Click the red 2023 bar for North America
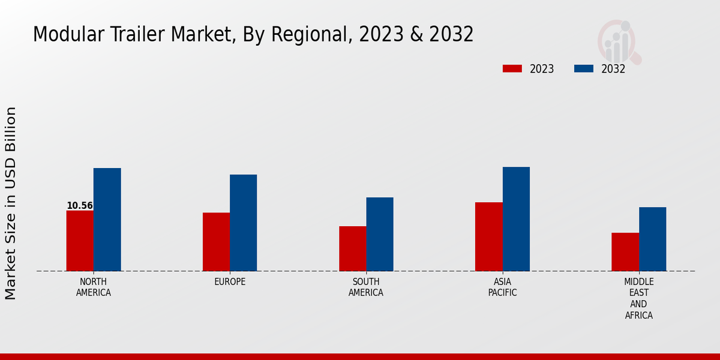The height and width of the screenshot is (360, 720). [80, 241]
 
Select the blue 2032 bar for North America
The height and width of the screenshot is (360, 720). [107, 220]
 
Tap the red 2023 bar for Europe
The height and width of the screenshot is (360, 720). [216, 242]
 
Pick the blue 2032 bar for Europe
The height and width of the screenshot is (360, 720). [243, 223]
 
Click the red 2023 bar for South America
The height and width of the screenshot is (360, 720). [352, 248]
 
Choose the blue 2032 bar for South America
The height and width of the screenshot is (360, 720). [380, 234]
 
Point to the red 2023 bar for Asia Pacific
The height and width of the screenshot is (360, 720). [488, 236]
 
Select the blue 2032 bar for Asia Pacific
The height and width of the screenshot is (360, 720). [516, 219]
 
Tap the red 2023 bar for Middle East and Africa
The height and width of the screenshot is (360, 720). [625, 252]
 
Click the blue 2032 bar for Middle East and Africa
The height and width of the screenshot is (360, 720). [652, 239]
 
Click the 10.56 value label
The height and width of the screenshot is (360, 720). [80, 206]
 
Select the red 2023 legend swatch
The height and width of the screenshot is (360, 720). [512, 68]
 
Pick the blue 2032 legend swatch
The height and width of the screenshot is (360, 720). [583, 68]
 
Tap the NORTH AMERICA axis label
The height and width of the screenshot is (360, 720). [94, 287]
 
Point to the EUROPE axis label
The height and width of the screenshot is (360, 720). [230, 281]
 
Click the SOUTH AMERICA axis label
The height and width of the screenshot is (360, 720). [366, 287]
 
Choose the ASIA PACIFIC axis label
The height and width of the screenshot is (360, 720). [502, 287]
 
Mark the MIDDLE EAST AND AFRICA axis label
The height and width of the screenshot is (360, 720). [638, 298]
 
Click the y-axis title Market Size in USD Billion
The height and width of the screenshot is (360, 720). [11, 203]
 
